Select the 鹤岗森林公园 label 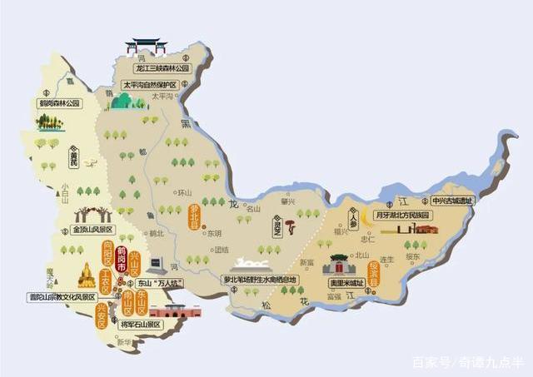pos(58,104)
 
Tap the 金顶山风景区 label pos(92,229)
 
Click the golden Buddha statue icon pos(87,276)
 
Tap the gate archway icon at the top pos(146,46)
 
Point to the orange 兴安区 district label pos(102,316)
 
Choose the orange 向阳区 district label pos(107,249)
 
